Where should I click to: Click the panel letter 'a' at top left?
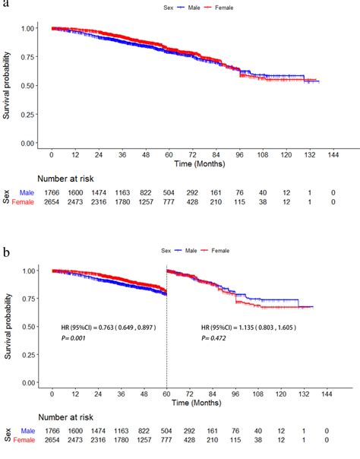[4, 4]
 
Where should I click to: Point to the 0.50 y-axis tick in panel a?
[28, 86]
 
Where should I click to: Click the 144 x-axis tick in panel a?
[332, 156]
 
